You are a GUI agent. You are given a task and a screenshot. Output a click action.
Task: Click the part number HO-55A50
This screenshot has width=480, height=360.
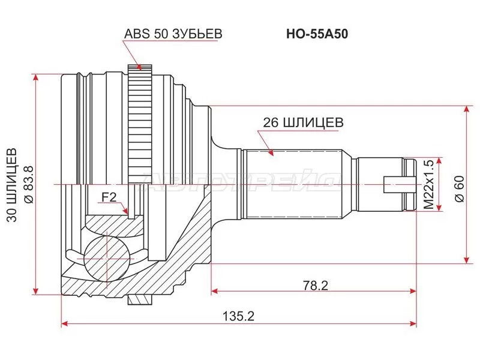[x=317, y=34]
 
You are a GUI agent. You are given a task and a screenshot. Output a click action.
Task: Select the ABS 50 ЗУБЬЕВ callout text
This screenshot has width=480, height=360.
[x=173, y=34]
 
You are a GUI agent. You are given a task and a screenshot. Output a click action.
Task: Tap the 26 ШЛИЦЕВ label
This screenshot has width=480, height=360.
[x=304, y=123]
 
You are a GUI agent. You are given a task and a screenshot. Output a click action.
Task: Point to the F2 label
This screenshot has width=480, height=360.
[x=109, y=198]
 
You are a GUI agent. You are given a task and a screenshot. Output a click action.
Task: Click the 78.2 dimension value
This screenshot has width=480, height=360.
[x=316, y=286]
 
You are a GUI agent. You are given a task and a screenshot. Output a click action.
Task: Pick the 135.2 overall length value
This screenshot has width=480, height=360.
[x=238, y=316]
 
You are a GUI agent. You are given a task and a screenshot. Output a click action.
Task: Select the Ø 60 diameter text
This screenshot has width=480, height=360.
[x=459, y=189]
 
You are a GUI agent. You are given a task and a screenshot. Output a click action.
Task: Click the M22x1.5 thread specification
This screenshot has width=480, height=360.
[x=429, y=185]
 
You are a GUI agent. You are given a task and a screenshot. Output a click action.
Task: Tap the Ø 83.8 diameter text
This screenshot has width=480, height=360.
[x=28, y=184]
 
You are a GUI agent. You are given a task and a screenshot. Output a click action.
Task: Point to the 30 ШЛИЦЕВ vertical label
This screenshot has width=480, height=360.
[x=12, y=185]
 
